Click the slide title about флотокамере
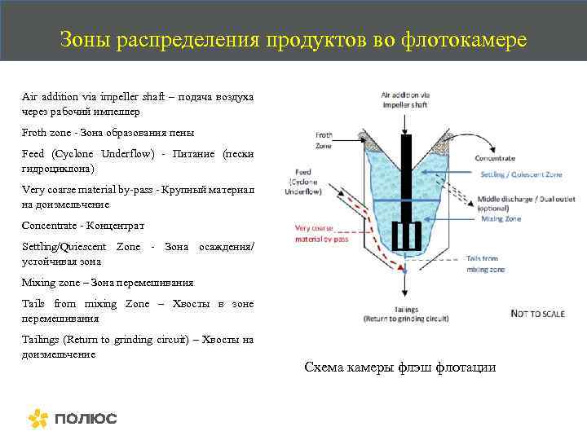(293, 39)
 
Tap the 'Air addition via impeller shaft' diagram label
(405, 101)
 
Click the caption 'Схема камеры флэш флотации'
(399, 367)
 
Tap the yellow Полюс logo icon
(38, 419)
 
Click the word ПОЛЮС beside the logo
(86, 419)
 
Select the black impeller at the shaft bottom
(406, 235)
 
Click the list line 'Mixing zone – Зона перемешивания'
(108, 282)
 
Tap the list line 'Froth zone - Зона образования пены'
(108, 132)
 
